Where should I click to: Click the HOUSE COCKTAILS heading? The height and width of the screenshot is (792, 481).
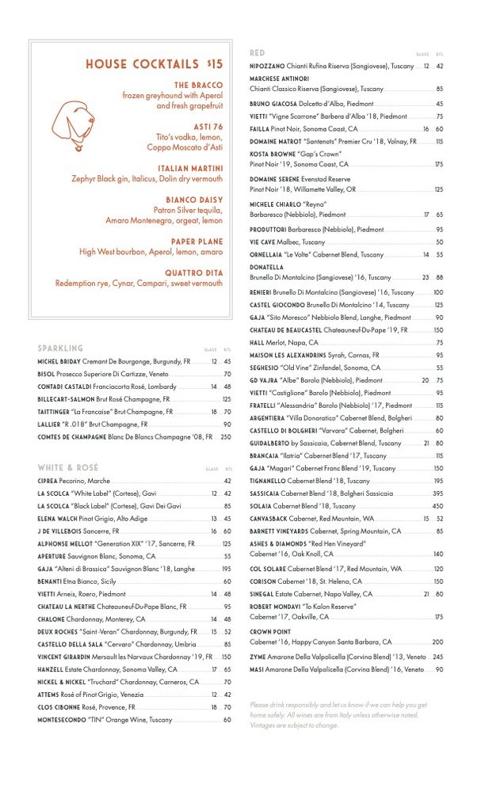click(142, 64)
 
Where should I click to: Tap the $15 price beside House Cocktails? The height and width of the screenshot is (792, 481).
click(215, 64)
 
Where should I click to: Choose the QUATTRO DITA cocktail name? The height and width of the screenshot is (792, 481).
click(193, 272)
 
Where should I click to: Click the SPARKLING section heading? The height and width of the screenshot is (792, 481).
click(60, 348)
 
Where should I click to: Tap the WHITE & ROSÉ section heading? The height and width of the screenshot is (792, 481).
click(68, 468)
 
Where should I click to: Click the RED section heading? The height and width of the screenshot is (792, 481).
click(258, 53)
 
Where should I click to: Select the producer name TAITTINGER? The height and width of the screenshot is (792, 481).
click(53, 412)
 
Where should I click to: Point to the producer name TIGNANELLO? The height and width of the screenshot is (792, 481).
click(268, 481)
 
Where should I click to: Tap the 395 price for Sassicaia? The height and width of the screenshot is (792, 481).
click(437, 493)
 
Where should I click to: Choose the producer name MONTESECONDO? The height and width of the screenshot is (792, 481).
click(60, 720)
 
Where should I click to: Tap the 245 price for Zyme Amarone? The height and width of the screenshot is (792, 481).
click(437, 657)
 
